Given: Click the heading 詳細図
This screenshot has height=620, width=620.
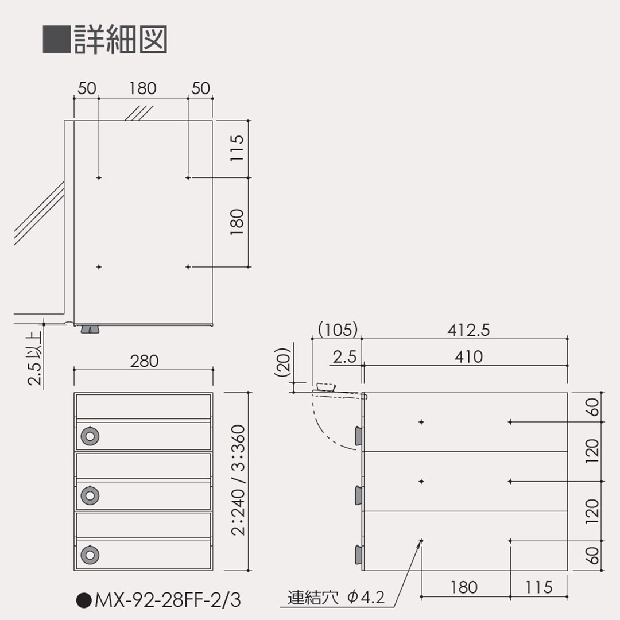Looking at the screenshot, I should click(120, 39).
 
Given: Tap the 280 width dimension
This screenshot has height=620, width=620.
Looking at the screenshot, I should click(144, 361).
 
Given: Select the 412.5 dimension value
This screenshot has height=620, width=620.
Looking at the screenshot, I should click(468, 330).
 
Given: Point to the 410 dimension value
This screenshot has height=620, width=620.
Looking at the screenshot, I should click(468, 356).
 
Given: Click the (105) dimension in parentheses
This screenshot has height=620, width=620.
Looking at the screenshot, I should click(338, 330).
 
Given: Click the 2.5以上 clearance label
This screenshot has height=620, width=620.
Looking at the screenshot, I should click(36, 359).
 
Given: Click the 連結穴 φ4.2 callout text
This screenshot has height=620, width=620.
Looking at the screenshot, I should click(336, 598).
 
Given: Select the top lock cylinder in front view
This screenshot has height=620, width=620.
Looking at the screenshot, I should click(90, 436).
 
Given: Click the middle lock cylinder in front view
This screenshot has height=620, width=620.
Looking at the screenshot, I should click(90, 495).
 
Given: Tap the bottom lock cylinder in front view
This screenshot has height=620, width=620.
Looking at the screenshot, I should click(90, 553).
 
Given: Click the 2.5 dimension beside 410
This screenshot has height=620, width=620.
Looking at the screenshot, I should click(344, 357).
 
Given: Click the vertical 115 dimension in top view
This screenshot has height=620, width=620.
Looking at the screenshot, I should click(237, 148).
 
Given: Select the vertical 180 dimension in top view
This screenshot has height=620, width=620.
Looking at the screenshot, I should click(237, 222).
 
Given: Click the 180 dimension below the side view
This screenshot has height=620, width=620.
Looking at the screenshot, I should click(464, 587).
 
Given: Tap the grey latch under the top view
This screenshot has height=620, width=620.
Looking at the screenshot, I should click(90, 329).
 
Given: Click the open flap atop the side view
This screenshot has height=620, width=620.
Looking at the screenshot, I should click(325, 389).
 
